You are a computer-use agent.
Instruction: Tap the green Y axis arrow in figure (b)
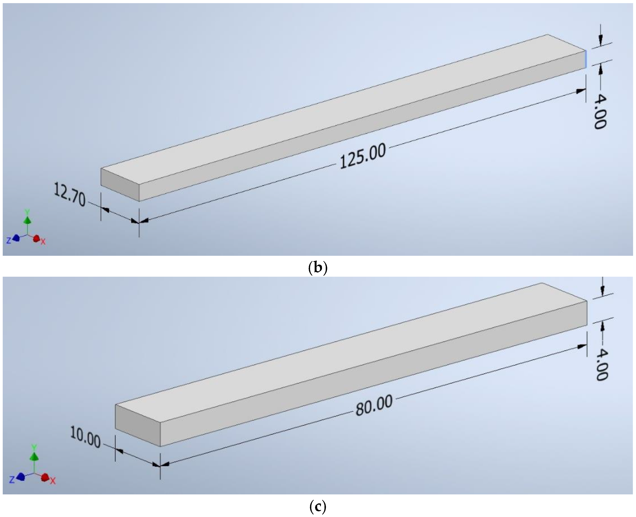point(27,220)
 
